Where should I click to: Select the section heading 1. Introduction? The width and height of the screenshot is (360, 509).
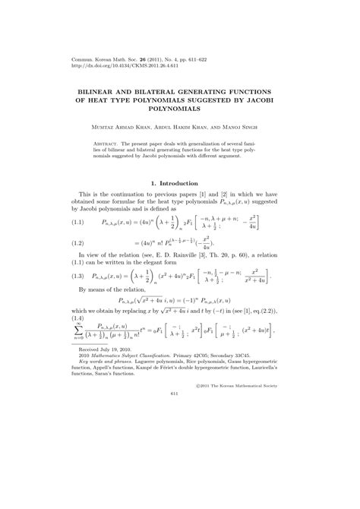[179, 182]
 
